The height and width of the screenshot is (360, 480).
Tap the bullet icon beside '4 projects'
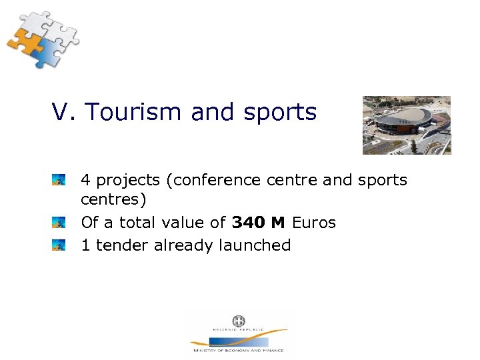pyautogui.click(x=59, y=180)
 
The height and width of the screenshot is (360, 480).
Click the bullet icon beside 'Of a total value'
pyautogui.click(x=59, y=223)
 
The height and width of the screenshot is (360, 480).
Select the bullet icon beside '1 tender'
pyautogui.click(x=59, y=245)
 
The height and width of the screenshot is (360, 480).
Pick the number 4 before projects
pyautogui.click(x=86, y=180)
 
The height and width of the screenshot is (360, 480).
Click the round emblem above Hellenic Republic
pyautogui.click(x=238, y=321)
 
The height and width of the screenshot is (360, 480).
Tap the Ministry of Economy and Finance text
pyautogui.click(x=238, y=350)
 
